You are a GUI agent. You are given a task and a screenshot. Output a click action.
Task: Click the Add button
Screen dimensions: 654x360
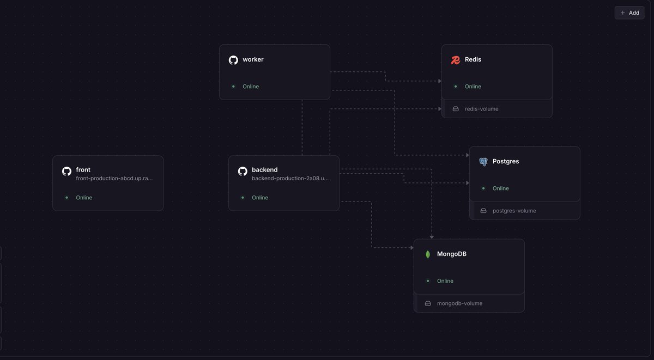click(x=629, y=13)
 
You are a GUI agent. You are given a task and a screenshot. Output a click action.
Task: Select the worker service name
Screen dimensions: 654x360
click(x=253, y=59)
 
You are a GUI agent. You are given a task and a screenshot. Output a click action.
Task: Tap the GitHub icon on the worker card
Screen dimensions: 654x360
click(x=233, y=60)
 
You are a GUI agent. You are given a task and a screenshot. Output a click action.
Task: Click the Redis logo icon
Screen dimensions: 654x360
click(x=456, y=60)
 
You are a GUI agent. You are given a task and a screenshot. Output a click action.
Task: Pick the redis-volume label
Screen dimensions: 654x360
click(x=481, y=109)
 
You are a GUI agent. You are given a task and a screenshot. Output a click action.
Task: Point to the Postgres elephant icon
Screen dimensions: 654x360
click(x=483, y=162)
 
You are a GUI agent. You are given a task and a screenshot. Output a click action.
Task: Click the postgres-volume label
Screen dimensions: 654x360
click(x=514, y=211)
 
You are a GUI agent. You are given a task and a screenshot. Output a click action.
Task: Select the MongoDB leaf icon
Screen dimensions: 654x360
click(x=428, y=254)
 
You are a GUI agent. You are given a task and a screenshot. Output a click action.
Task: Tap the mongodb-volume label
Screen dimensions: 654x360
click(x=459, y=303)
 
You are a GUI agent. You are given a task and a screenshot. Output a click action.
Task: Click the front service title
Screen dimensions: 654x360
click(x=83, y=170)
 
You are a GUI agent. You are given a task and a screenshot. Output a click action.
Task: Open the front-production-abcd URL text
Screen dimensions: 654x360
click(x=114, y=178)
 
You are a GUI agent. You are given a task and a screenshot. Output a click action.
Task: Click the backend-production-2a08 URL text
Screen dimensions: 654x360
click(x=290, y=178)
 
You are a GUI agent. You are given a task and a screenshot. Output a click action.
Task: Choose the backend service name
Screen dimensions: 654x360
click(x=265, y=170)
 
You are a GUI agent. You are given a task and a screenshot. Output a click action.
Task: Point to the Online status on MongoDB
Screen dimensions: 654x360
click(x=445, y=281)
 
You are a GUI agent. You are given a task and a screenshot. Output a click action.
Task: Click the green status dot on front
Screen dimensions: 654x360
click(x=66, y=198)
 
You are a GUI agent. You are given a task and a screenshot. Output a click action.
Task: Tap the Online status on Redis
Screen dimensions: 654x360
click(x=473, y=87)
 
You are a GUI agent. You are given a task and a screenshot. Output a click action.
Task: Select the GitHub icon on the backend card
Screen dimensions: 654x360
click(x=243, y=171)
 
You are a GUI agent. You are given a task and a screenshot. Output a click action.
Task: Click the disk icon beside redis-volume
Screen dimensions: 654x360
click(x=456, y=109)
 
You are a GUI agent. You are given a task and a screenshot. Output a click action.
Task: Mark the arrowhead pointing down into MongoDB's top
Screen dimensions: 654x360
click(x=432, y=237)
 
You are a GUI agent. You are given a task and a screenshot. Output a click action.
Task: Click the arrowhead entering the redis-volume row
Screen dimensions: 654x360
click(x=440, y=109)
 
